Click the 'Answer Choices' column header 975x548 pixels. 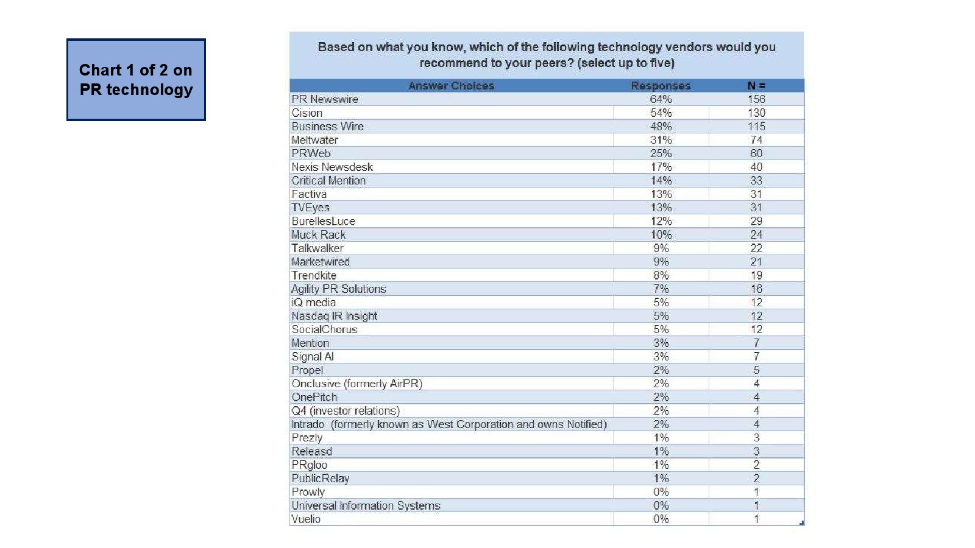click(x=451, y=86)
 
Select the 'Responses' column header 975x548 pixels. click(x=661, y=86)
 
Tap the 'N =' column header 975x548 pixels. click(x=756, y=86)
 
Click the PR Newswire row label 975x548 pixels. click(x=325, y=99)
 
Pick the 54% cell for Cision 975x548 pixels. click(x=661, y=113)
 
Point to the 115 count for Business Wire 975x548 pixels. click(x=756, y=127)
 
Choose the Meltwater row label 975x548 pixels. click(x=314, y=140)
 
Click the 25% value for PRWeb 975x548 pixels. click(x=661, y=153)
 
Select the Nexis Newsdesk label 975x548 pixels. click(x=332, y=167)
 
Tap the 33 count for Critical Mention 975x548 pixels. click(x=756, y=181)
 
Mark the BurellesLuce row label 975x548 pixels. click(x=323, y=222)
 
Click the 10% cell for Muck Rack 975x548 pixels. click(x=661, y=235)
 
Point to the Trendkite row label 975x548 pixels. click(x=314, y=275)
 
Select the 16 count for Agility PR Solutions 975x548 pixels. click(x=756, y=289)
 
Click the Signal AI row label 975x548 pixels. click(x=313, y=357)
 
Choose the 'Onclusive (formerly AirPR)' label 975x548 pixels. click(x=356, y=384)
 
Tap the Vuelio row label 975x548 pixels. click(x=306, y=519)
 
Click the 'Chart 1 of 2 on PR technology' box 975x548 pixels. click(x=136, y=80)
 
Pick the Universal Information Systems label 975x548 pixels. click(x=366, y=506)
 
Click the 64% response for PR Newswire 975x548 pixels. click(x=661, y=99)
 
